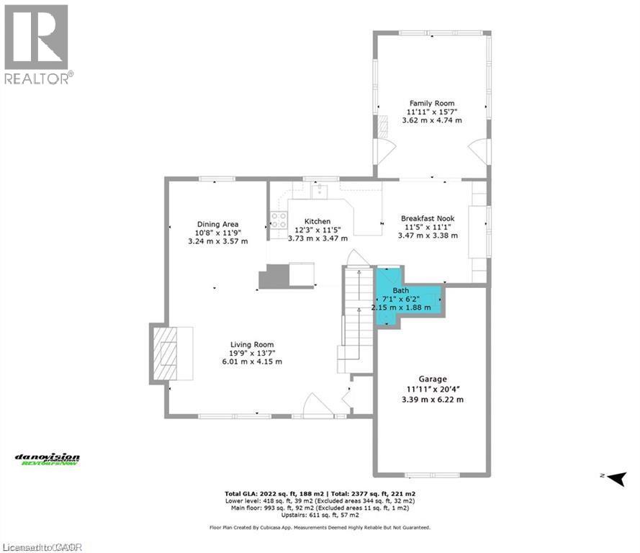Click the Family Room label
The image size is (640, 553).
pos(432,104)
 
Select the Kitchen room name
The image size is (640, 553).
pos(317,221)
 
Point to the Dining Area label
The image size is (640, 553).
pos(217,224)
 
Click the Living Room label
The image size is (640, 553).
pos(252,344)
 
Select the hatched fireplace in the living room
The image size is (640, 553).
pos(166,352)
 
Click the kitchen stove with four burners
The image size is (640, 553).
pos(278,220)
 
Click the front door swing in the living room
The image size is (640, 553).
pos(317,405)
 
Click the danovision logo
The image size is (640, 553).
pos(48,459)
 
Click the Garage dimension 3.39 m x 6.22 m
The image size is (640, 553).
pos(432,399)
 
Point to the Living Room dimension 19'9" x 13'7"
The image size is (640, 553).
pos(252,353)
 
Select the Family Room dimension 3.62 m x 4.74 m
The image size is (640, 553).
pos(432,120)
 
